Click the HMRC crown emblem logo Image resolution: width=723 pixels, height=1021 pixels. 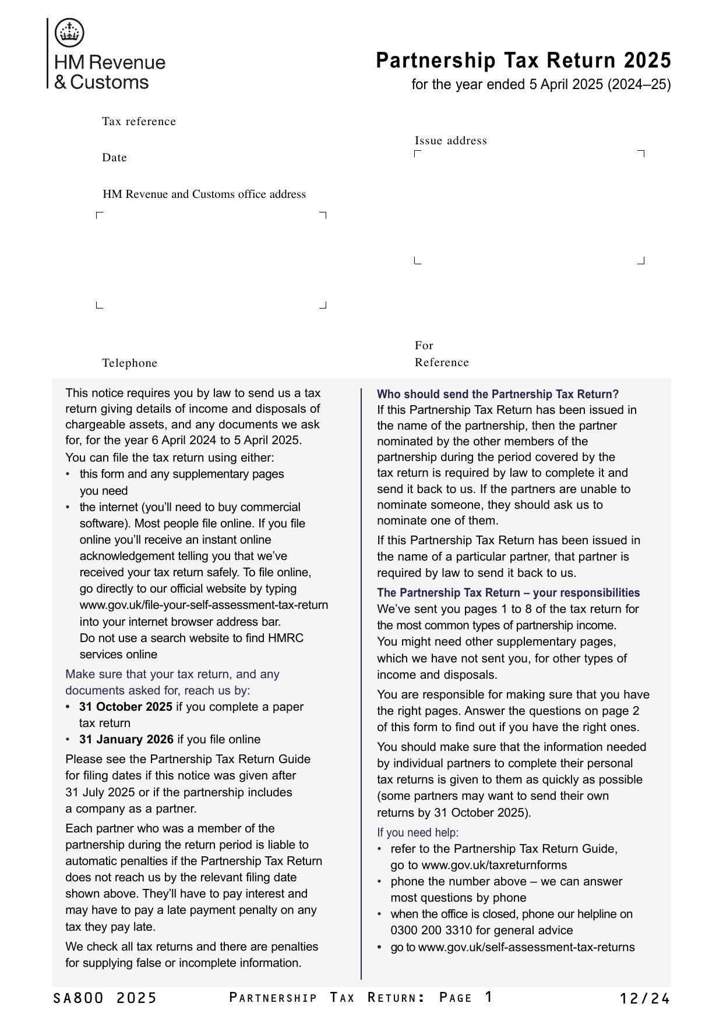pyautogui.click(x=69, y=33)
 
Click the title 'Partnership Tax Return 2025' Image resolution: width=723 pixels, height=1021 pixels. pyautogui.click(x=523, y=61)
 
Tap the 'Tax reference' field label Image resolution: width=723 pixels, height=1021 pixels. pyautogui.click(x=139, y=122)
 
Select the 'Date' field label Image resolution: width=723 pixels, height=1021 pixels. pyautogui.click(x=114, y=158)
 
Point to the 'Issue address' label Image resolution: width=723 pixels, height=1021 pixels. pyautogui.click(x=450, y=141)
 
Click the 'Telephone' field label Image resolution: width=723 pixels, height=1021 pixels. pyautogui.click(x=129, y=363)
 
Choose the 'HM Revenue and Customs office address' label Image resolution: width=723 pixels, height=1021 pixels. pyautogui.click(x=204, y=194)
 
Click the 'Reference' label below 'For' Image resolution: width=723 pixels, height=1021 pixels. pyautogui.click(x=442, y=363)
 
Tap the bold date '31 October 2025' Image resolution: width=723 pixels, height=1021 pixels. pyautogui.click(x=126, y=707)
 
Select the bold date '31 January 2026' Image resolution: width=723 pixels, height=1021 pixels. pyautogui.click(x=126, y=739)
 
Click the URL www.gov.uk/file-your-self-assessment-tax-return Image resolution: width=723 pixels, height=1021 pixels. pyautogui.click(x=204, y=605)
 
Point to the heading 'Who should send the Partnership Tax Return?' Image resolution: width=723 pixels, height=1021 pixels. pyautogui.click(x=498, y=394)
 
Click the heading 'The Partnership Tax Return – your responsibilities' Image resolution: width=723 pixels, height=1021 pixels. pyautogui.click(x=508, y=593)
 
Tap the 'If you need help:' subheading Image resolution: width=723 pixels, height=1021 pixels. pyautogui.click(x=418, y=832)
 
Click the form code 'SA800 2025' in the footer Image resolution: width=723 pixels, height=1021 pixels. pyautogui.click(x=105, y=998)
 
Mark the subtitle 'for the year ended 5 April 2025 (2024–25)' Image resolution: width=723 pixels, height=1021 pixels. pyautogui.click(x=541, y=85)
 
